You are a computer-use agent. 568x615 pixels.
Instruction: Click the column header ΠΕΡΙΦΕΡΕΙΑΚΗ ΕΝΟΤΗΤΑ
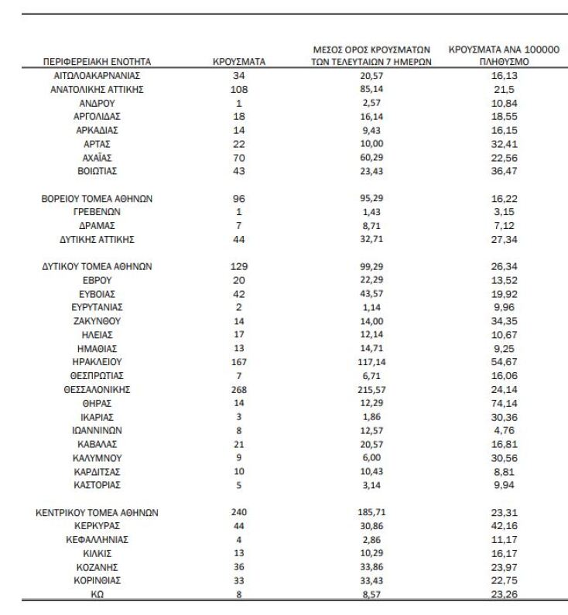click(x=97, y=61)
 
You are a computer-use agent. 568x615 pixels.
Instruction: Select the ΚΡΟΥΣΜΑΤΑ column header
click(x=239, y=61)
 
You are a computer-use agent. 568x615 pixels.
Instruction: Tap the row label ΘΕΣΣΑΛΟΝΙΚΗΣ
click(x=97, y=389)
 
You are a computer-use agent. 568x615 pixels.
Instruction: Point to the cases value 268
click(x=238, y=389)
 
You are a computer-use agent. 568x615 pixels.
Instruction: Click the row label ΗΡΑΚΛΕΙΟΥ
click(x=97, y=361)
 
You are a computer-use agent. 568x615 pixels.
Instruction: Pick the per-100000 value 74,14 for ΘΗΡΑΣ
click(x=504, y=403)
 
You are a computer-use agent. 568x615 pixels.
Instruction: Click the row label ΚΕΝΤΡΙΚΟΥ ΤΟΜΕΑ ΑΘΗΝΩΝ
click(x=97, y=512)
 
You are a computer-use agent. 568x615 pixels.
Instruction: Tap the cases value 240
click(x=238, y=512)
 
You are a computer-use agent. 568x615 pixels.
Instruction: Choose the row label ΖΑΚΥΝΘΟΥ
click(x=97, y=320)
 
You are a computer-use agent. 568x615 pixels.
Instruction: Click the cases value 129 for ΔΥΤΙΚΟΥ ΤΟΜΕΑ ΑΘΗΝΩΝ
click(x=238, y=266)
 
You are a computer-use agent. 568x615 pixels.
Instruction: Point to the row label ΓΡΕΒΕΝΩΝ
click(x=97, y=211)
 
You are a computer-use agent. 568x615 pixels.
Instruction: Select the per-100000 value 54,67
click(x=504, y=361)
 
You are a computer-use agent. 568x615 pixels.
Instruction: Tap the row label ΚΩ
click(x=97, y=594)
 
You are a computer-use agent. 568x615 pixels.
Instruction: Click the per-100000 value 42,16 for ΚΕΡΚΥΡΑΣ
click(x=504, y=526)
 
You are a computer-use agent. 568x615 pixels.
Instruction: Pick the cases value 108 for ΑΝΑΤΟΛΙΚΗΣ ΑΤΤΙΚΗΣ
click(x=238, y=89)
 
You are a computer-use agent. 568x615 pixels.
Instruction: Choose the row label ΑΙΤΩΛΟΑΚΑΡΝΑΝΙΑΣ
click(x=97, y=76)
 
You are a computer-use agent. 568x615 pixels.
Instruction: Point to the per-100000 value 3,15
click(x=504, y=211)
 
